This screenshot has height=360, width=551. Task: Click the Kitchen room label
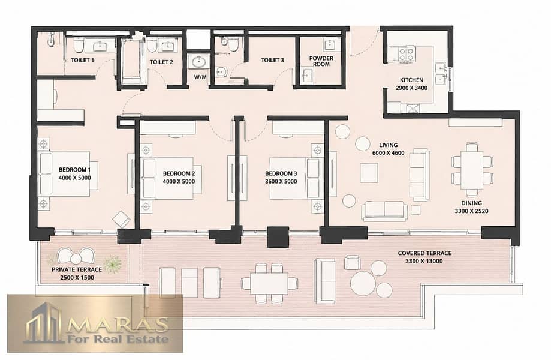coord(411,80)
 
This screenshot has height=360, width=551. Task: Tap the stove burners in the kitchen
coord(407,54)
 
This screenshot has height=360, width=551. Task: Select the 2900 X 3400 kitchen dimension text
coord(411,88)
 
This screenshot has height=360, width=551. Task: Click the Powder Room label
coord(321,61)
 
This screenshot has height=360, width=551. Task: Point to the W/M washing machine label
coord(200,77)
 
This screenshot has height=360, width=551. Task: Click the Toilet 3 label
coord(272,61)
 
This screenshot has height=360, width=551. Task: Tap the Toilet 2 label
coord(161,62)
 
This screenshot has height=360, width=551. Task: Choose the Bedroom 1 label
coord(74,170)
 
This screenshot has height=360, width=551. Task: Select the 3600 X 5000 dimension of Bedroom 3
coord(281,181)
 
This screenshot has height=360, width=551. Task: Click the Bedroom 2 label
coord(179,173)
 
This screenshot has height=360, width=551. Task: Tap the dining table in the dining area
coord(472,169)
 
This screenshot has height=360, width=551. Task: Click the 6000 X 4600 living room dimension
coord(388,153)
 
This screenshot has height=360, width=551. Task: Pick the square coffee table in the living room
coord(369,173)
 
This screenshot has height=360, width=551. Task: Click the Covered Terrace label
coord(424,253)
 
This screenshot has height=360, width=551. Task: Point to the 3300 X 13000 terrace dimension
coord(424,261)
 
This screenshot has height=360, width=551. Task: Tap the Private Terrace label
coord(77,269)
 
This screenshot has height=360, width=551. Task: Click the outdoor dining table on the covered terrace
coord(270,283)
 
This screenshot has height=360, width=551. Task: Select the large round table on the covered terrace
coord(363,283)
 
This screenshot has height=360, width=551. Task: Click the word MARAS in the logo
coord(118,325)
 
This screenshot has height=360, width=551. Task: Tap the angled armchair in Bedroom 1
coord(121,220)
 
